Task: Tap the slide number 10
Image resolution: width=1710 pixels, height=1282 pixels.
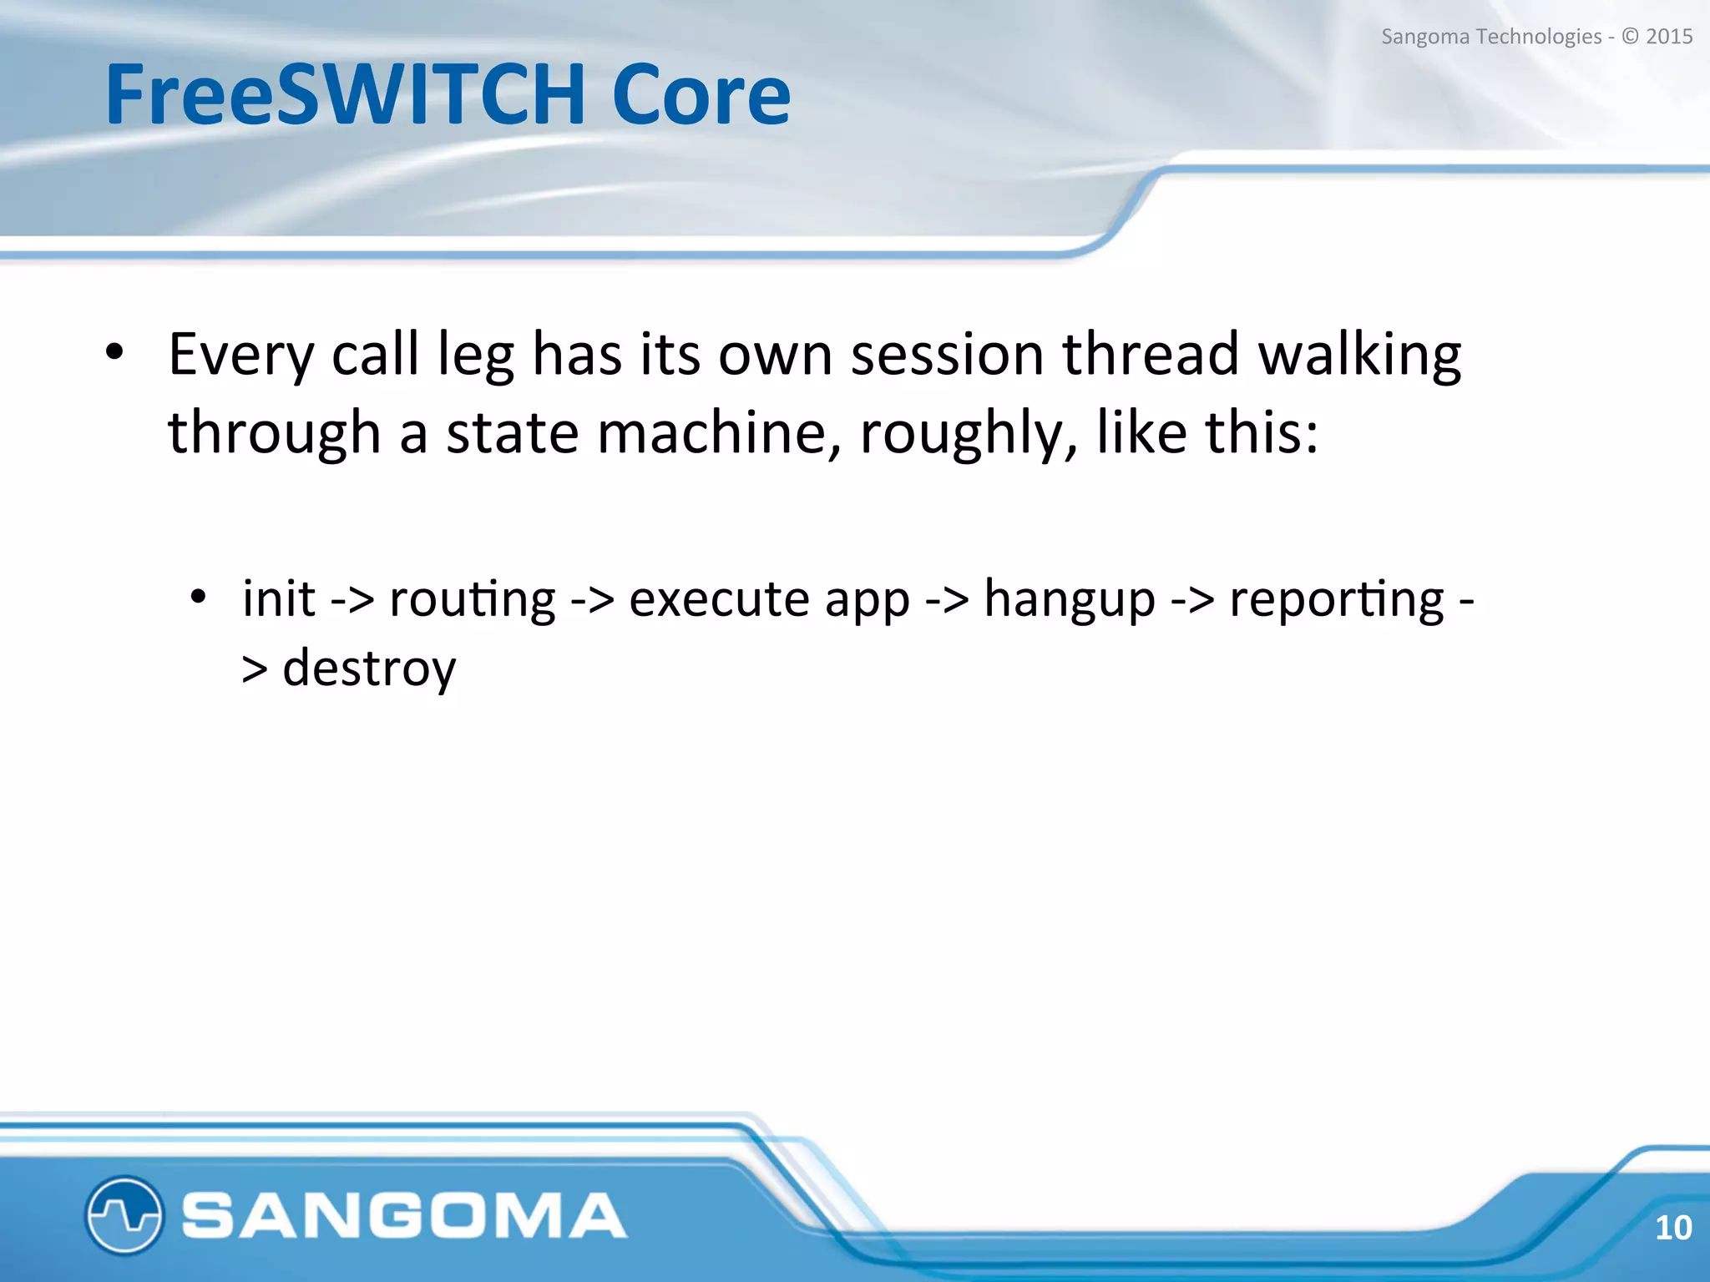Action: pos(1672,1227)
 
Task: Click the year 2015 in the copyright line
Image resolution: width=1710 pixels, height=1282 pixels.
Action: pos(1668,37)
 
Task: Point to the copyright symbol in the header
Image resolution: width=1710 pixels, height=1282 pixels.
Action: pos(1629,37)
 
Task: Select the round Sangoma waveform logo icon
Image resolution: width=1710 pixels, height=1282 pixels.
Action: pos(124,1214)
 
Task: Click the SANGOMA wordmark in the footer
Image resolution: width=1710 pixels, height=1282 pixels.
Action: pos(404,1215)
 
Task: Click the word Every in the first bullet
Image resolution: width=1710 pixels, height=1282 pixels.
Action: pos(240,355)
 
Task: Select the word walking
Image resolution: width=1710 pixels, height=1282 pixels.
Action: pos(1359,355)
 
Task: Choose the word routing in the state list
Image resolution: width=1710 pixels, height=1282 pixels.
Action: pos(472,600)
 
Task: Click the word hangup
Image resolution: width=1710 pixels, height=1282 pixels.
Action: pos(1070,600)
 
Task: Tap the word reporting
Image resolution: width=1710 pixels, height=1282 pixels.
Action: pos(1336,600)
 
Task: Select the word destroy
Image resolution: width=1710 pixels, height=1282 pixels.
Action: pos(369,669)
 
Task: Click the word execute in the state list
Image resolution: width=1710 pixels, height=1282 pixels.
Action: pos(719,600)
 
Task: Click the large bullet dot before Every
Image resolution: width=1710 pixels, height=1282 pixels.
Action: pos(114,353)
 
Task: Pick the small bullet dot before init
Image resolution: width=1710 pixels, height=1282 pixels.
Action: pos(197,598)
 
